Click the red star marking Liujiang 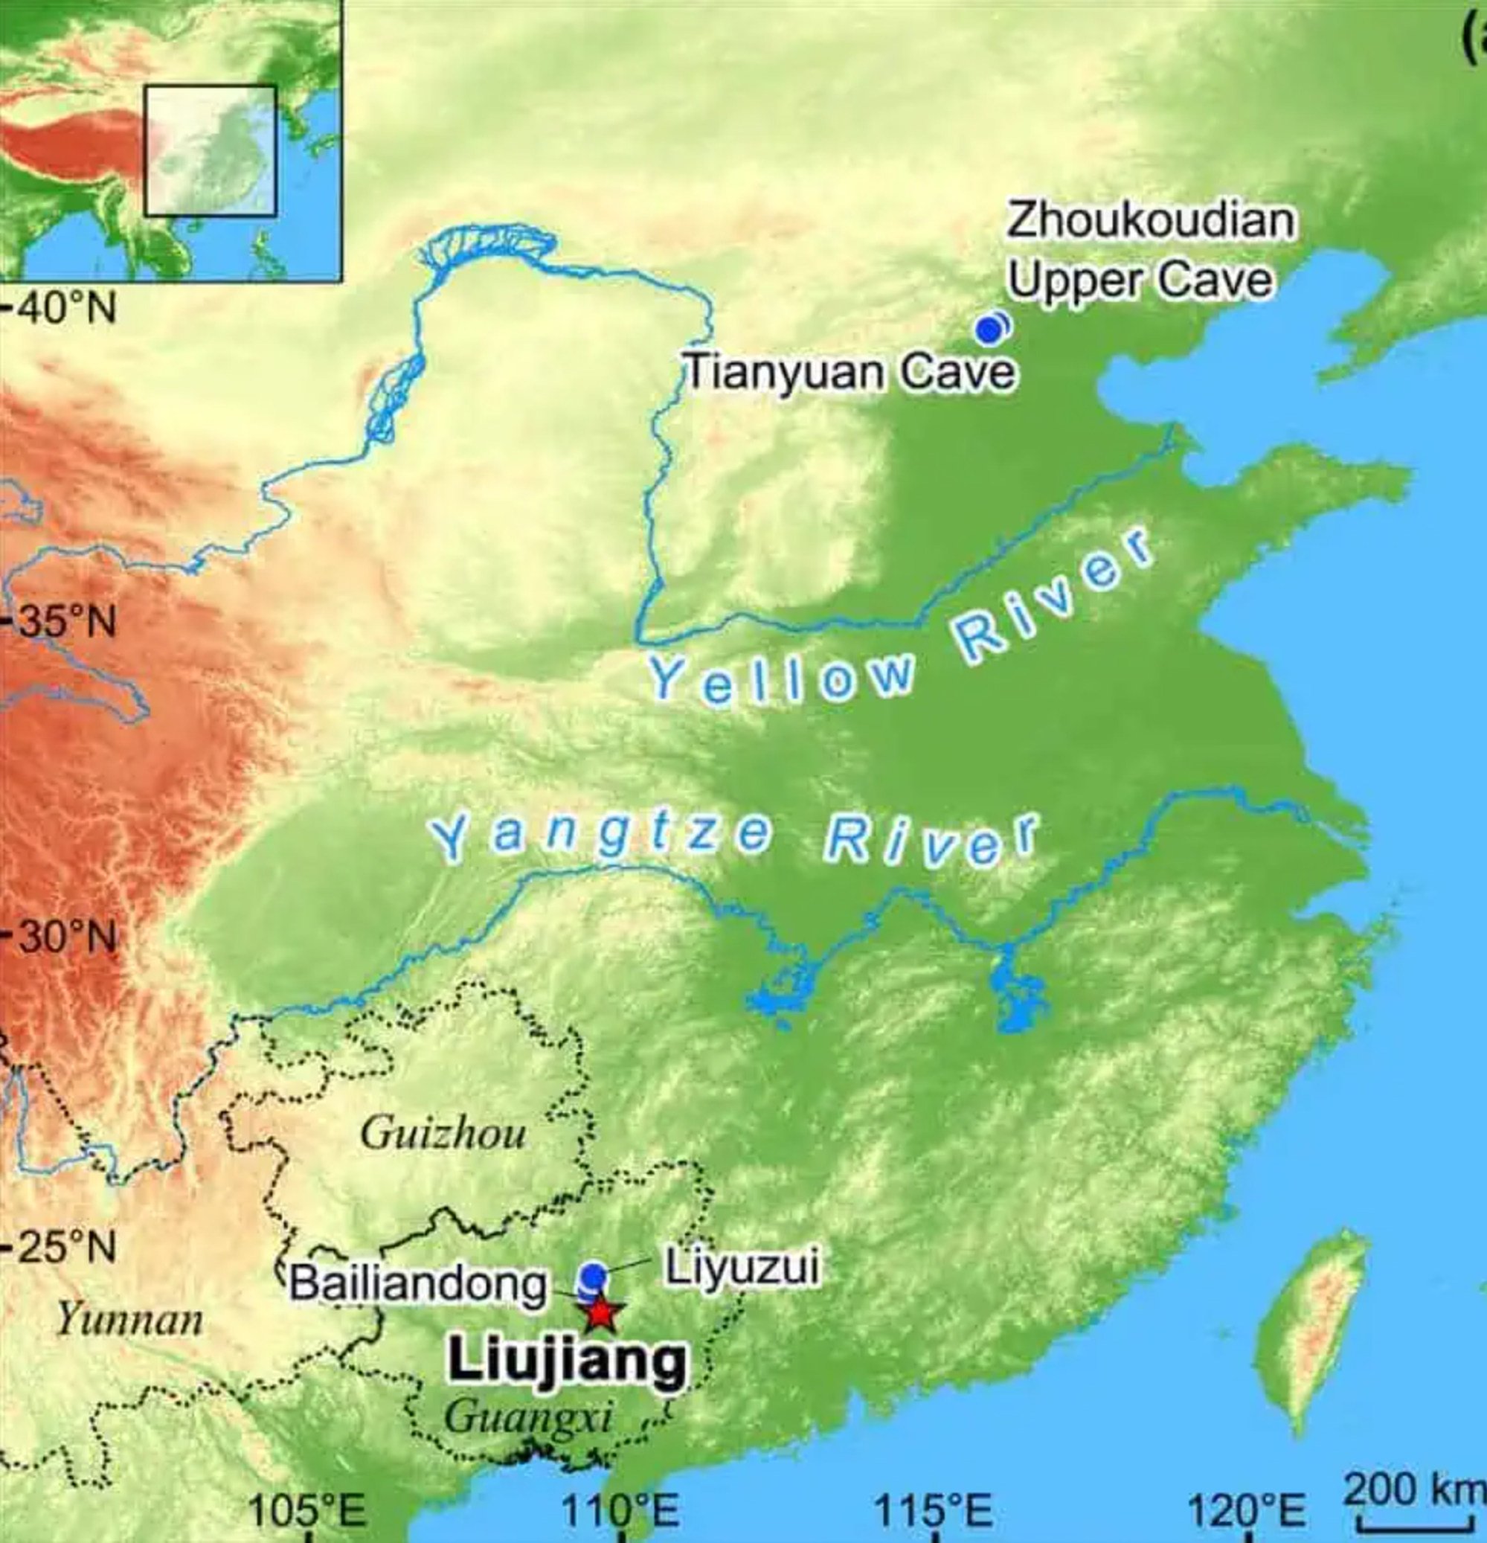tap(603, 1312)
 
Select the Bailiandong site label tap(417, 1285)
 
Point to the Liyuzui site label tap(742, 1268)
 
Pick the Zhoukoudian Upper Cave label tap(1149, 250)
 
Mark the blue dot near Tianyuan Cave tap(989, 329)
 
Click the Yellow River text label tap(897, 630)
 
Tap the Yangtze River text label tap(732, 838)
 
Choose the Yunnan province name tap(131, 1321)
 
